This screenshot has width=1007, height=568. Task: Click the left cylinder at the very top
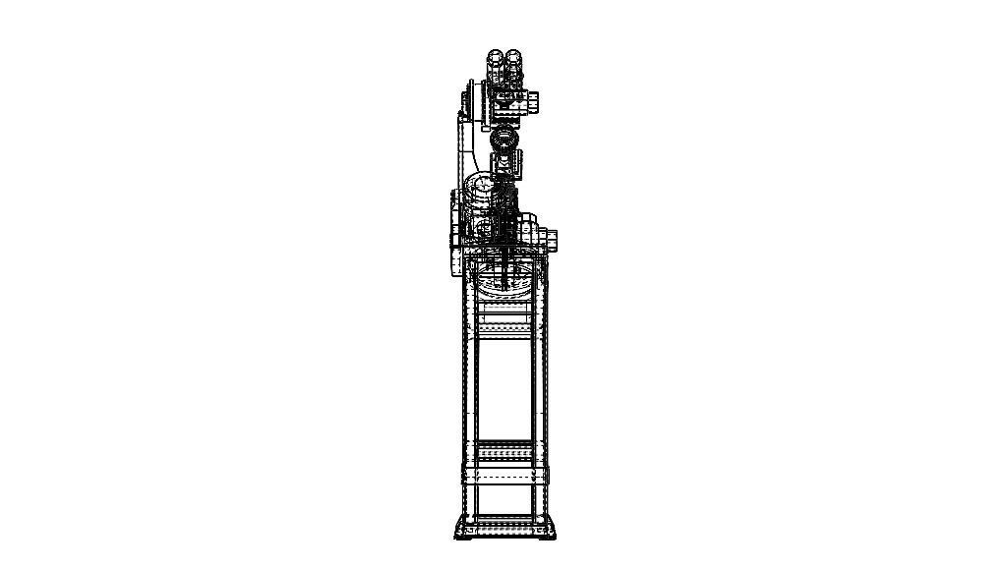pyautogui.click(x=497, y=67)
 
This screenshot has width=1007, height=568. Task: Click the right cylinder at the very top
pyautogui.click(x=513, y=67)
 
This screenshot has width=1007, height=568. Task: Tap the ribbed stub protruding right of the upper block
pyautogui.click(x=533, y=101)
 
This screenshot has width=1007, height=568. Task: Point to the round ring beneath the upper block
pyautogui.click(x=504, y=139)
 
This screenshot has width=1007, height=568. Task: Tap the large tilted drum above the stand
pyautogui.click(x=484, y=195)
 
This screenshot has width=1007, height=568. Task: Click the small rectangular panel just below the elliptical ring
pyautogui.click(x=504, y=316)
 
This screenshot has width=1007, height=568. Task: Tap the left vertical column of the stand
pyautogui.click(x=470, y=393)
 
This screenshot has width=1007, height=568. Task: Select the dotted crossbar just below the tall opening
pyautogui.click(x=504, y=455)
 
